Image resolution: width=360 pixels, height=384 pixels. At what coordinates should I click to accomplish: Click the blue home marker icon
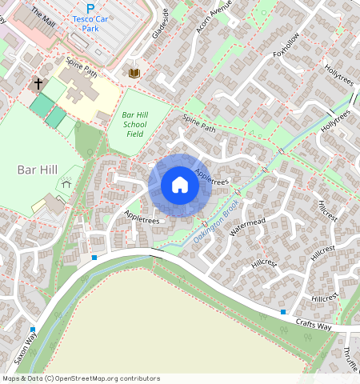(x=180, y=186)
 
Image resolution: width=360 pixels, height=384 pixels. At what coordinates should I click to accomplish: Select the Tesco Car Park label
(x=101, y=22)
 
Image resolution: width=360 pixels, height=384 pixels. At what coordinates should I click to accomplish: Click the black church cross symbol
(x=37, y=83)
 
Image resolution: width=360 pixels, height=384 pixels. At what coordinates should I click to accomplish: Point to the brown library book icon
(x=134, y=73)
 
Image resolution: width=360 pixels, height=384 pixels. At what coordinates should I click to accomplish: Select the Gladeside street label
(x=161, y=24)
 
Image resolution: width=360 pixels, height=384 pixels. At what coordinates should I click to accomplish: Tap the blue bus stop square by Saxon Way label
(x=32, y=330)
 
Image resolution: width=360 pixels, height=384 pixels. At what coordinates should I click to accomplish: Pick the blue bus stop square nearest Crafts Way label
(x=282, y=311)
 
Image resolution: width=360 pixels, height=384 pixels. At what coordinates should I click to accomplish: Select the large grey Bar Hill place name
(x=37, y=170)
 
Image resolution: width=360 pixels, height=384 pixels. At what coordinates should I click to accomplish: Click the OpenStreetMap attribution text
(x=80, y=378)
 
